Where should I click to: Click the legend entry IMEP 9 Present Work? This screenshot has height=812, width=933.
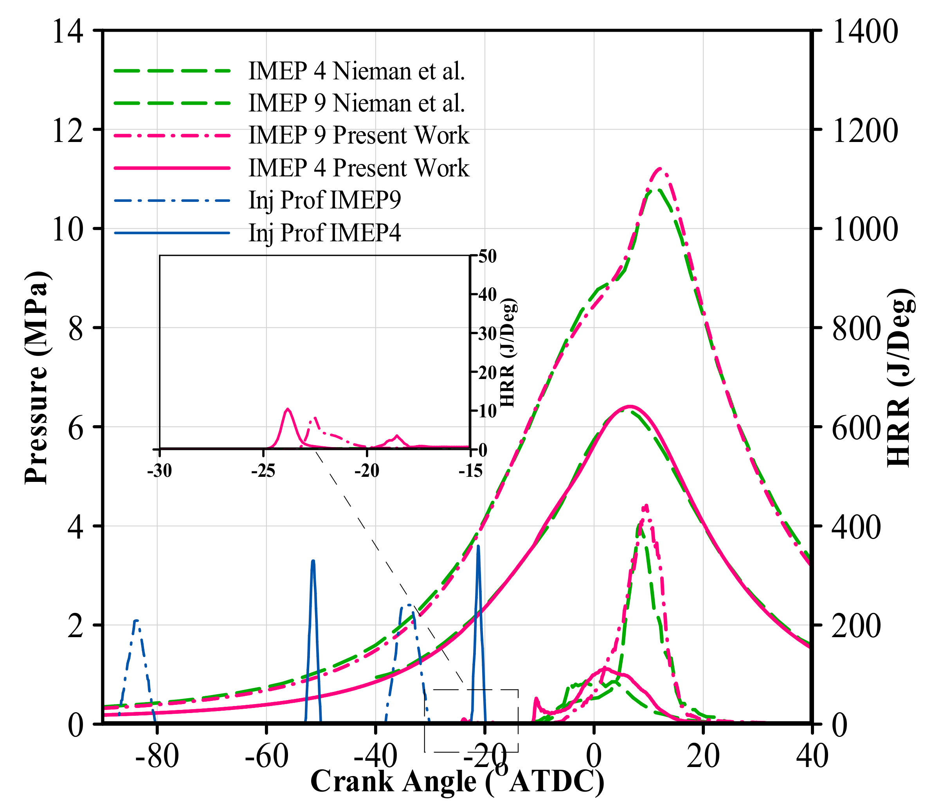pos(358,135)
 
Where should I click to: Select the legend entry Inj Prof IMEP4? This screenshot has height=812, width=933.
pos(324,232)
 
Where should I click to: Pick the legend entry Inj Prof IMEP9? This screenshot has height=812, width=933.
pos(324,200)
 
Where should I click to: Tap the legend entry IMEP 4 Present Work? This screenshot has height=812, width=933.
pos(358,168)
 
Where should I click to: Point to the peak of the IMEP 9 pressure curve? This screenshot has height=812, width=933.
pos(659,169)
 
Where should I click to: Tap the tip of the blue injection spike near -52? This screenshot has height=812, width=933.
pos(313,561)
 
